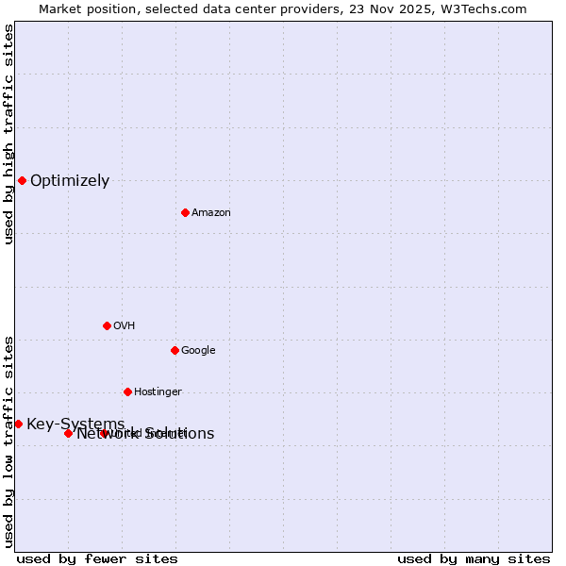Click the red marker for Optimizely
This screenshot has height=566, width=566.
(x=22, y=180)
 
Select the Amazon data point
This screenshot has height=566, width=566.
(x=185, y=212)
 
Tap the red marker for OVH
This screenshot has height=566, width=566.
(x=107, y=325)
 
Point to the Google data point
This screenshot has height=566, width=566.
(x=175, y=350)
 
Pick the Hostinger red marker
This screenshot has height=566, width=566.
(x=127, y=391)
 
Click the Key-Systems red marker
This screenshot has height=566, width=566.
(x=18, y=424)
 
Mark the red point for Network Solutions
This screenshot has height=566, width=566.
(x=68, y=433)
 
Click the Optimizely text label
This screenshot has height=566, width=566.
(x=70, y=181)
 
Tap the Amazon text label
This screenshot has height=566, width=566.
(x=211, y=213)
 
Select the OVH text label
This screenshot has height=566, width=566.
(x=124, y=326)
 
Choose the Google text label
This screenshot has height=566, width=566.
(x=198, y=351)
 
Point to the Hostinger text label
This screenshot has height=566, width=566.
(x=158, y=392)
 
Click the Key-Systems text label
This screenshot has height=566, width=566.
(x=75, y=424)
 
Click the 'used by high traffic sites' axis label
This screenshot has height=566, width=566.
(x=8, y=134)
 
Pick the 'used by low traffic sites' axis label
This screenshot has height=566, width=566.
(x=8, y=441)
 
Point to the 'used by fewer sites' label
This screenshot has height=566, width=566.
(x=97, y=559)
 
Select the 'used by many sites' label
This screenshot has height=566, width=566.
(x=474, y=559)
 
